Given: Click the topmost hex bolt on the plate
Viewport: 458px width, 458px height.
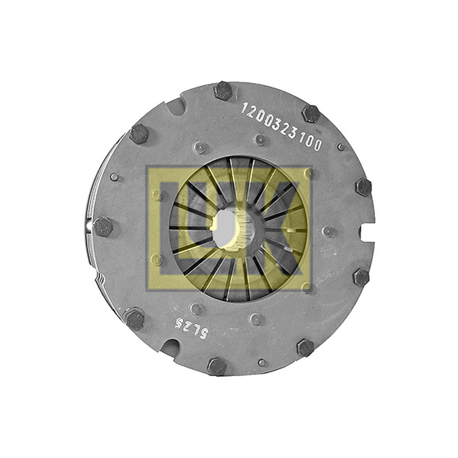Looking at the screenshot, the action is tap(223, 91).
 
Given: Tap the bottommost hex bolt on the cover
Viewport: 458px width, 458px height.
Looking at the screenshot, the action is tap(217, 366).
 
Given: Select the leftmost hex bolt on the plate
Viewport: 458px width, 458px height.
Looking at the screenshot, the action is tap(102, 227).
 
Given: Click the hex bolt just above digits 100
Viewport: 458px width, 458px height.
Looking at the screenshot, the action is tap(310, 113).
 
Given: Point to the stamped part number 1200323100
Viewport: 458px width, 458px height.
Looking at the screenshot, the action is tap(281, 128).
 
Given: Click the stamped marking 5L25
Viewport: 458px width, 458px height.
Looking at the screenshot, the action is tap(191, 328).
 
